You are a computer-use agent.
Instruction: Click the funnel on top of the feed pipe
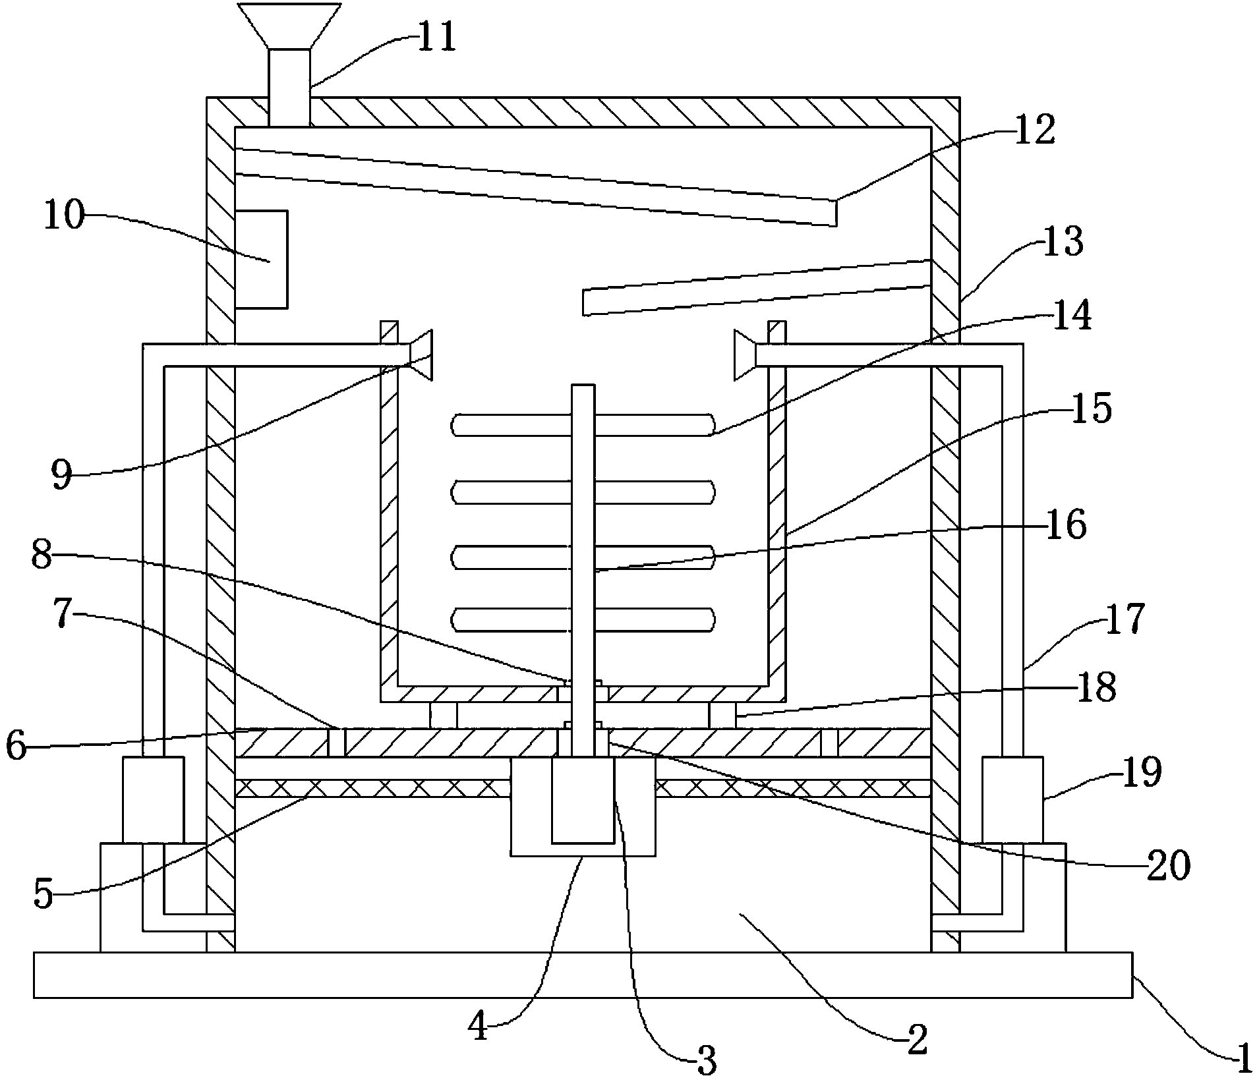290,25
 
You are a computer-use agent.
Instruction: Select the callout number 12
1035,129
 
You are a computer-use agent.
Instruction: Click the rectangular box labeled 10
261,259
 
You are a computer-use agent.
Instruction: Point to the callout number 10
64,215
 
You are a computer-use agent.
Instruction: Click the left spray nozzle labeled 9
422,355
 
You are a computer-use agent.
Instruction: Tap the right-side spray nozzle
745,355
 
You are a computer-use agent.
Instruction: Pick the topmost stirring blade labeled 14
583,425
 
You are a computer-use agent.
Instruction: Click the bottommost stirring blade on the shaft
583,619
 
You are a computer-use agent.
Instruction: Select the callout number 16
1065,525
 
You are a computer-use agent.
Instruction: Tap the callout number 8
42,555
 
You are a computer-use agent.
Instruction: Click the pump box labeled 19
1012,799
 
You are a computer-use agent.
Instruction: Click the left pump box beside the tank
153,799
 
